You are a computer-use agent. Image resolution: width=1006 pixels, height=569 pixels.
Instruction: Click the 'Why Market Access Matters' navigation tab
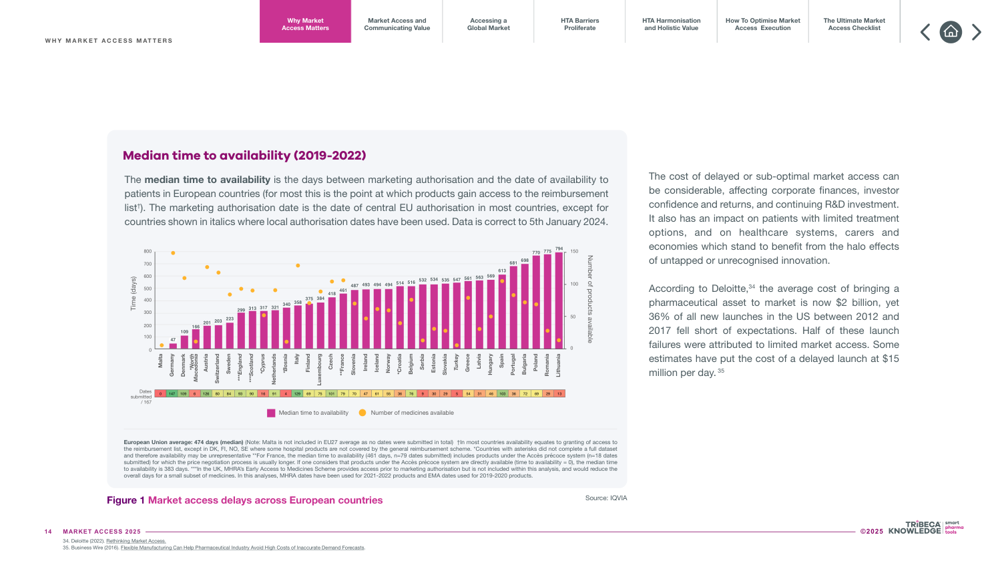pyautogui.click(x=305, y=24)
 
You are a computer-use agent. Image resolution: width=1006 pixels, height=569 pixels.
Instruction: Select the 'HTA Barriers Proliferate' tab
pyautogui.click(x=579, y=24)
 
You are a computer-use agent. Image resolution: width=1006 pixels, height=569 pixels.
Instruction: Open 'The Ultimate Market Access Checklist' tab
pyautogui.click(x=854, y=24)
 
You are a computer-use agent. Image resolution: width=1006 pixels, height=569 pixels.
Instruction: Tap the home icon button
pyautogui.click(x=951, y=32)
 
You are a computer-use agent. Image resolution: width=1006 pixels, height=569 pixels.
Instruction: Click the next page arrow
pyautogui.click(x=977, y=32)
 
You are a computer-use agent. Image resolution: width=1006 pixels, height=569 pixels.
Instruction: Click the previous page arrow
pyautogui.click(x=925, y=32)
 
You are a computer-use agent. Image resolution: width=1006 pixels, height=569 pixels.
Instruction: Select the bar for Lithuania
pyautogui.click(x=559, y=301)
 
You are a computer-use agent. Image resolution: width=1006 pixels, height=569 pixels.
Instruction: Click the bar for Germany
pyautogui.click(x=173, y=346)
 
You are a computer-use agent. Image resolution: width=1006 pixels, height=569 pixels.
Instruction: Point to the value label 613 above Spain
pyautogui.click(x=502, y=270)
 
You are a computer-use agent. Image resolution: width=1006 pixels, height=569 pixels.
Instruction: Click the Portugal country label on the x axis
pyautogui.click(x=513, y=365)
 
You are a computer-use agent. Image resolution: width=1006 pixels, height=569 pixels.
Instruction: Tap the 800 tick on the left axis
pyautogui.click(x=148, y=252)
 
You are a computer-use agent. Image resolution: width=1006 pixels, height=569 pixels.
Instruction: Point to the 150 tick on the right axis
pyautogui.click(x=574, y=252)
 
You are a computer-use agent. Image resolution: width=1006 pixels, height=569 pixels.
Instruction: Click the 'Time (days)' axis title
pyautogui.click(x=133, y=294)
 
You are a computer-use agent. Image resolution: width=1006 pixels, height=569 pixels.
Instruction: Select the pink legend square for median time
pyautogui.click(x=271, y=413)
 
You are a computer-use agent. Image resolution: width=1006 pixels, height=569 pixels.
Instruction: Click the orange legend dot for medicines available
pyautogui.click(x=362, y=413)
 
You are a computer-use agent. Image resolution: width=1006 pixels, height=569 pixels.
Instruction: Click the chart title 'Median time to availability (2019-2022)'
pyautogui.click(x=244, y=156)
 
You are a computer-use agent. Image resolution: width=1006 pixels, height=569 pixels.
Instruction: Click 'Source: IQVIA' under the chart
pyautogui.click(x=605, y=498)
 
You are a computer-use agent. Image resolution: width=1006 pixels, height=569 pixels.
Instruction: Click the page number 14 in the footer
pyautogui.click(x=48, y=532)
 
